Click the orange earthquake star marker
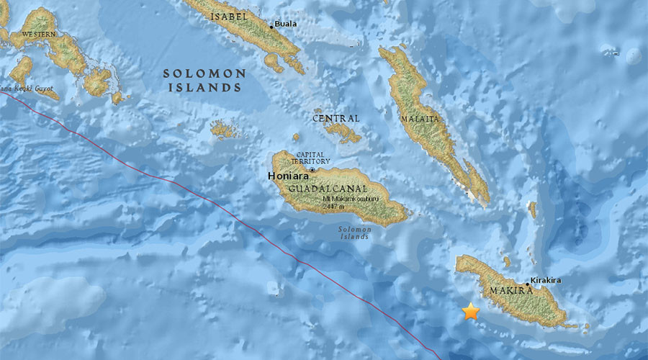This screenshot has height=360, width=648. [470, 311]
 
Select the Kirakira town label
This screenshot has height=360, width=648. [545, 279]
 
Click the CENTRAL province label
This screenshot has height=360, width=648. [336, 118]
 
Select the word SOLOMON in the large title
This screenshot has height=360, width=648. [204, 73]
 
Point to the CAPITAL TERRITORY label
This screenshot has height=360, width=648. [312, 159]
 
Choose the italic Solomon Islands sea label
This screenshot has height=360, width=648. [354, 233]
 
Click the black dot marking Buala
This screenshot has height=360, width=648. [271, 27]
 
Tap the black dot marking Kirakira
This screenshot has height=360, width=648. [528, 284]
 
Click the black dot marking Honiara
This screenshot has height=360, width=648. [312, 170]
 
